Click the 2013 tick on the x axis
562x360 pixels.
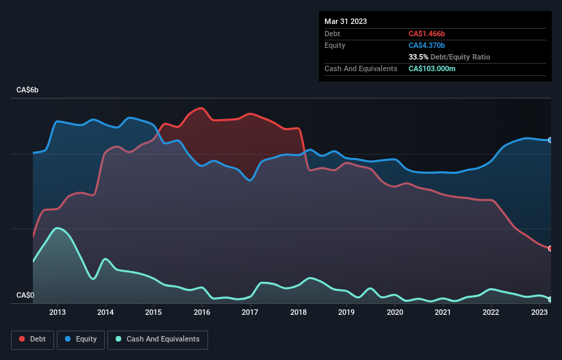pos(58,312)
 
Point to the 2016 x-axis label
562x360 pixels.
pos(202,312)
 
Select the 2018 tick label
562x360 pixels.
pos(298,312)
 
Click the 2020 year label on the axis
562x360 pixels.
pos(395,312)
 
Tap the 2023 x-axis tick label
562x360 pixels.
pos(539,312)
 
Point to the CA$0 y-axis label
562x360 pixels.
pos(26,296)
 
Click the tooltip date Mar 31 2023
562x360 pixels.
pos(346,21)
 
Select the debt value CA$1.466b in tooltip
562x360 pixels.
pos(427,34)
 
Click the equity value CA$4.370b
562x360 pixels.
pos(427,45)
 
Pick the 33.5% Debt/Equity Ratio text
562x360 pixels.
pos(449,57)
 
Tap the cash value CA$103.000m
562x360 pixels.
pos(432,68)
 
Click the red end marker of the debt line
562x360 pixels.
pos(550,248)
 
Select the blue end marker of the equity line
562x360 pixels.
pos(550,140)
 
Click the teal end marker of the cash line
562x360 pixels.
pos(550,299)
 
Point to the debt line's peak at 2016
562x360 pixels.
pos(201,108)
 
